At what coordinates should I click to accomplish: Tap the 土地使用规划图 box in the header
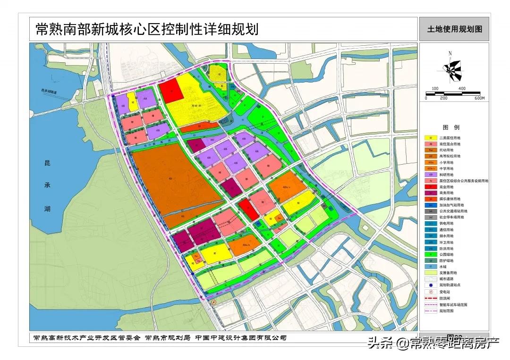(x=454, y=29)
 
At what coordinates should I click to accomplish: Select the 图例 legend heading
(x=450, y=127)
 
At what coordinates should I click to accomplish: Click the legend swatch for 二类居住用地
(x=431, y=138)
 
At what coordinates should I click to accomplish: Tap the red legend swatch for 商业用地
(x=431, y=187)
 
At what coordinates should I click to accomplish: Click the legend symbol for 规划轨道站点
(x=431, y=285)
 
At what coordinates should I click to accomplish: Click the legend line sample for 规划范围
(x=431, y=311)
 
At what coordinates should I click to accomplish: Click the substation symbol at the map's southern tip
(x=213, y=302)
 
